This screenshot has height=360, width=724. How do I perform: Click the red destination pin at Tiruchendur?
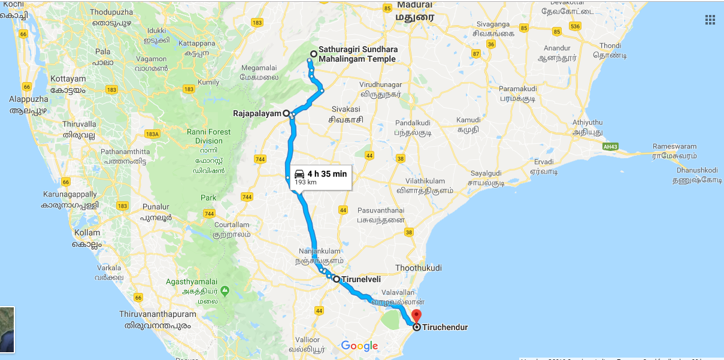(417, 316)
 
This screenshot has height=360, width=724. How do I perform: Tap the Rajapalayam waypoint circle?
(286, 113)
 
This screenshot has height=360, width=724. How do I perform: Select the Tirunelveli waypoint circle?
(337, 279)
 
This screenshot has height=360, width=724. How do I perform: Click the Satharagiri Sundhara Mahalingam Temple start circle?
(313, 55)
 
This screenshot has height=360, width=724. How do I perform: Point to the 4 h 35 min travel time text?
(327, 174)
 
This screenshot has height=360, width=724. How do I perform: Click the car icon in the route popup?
(300, 174)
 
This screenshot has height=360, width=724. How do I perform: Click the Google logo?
(359, 346)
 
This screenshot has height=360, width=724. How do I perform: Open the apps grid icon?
(710, 20)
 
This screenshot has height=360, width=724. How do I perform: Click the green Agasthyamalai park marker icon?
(225, 291)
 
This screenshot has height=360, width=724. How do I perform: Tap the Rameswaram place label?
(675, 146)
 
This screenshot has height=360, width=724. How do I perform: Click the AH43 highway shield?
(611, 146)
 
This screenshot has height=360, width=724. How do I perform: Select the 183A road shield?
(152, 134)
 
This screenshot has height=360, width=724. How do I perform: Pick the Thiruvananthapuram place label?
(157, 314)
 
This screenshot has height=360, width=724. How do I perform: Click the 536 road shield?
(575, 26)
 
